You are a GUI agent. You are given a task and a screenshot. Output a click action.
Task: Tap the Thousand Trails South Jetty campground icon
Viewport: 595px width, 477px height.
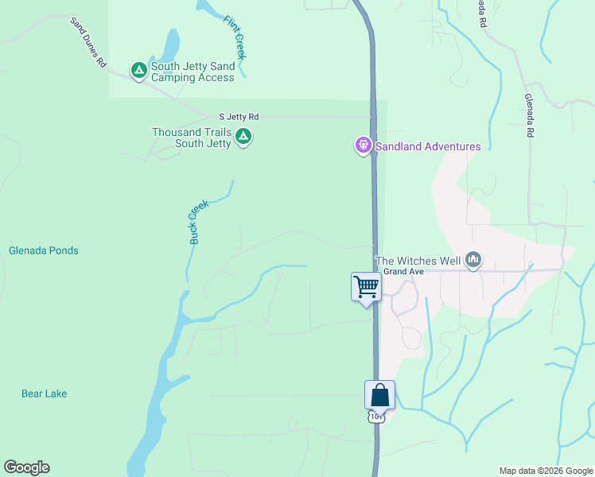[244, 137]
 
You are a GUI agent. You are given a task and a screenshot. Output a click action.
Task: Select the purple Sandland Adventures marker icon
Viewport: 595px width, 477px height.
[364, 145]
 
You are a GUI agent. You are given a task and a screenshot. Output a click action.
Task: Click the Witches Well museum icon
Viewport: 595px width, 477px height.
[474, 260]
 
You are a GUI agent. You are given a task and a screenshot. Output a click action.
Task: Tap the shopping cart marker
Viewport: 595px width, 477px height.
[366, 287]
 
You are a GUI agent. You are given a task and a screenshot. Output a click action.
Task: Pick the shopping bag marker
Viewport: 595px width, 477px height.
[379, 394]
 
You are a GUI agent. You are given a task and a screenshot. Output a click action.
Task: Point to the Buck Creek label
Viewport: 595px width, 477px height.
[197, 221]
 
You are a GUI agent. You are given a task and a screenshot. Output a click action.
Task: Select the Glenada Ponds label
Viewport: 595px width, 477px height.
[44, 250]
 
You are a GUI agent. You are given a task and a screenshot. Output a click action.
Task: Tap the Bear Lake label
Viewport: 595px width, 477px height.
[44, 394]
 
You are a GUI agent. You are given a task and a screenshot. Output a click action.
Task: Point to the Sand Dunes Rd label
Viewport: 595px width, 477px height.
[87, 42]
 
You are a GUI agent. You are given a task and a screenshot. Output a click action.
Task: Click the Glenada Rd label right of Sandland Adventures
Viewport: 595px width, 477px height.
[529, 116]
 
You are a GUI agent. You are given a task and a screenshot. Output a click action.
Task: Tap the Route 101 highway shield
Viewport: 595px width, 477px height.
[376, 417]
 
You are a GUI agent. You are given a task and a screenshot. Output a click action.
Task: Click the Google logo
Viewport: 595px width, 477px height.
[26, 467]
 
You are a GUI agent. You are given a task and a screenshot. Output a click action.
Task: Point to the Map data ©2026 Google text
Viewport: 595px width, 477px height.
[546, 471]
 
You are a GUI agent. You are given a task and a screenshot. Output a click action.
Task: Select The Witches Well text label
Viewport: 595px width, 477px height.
[418, 260]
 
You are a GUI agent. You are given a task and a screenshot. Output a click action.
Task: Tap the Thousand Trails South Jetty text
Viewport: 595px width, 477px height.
[192, 138]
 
